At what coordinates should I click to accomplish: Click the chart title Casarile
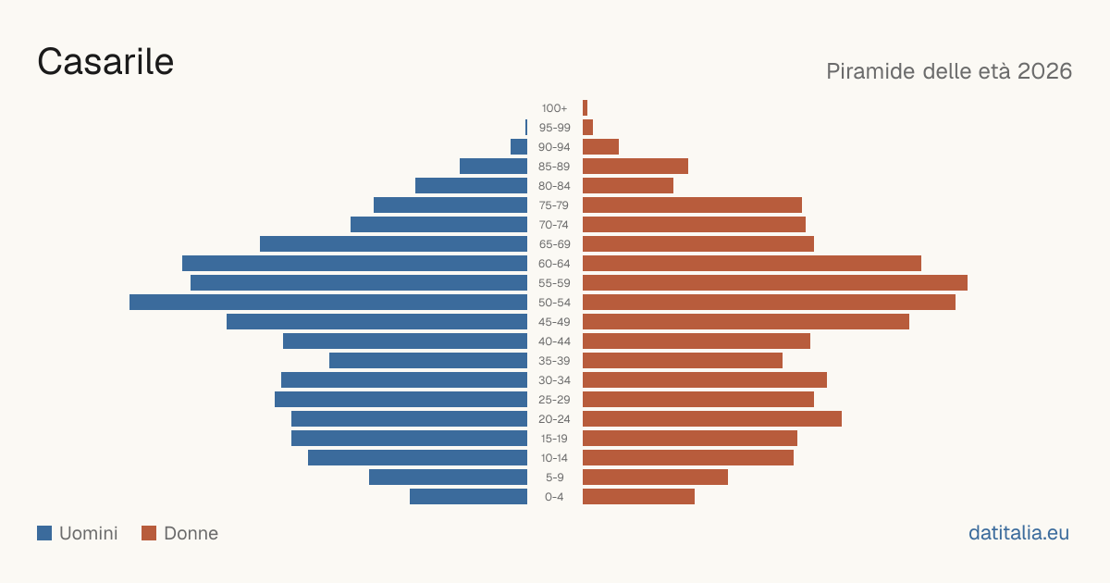point(105,61)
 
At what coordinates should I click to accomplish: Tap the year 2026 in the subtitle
point(1044,71)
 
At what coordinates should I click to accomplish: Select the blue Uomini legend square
point(44,533)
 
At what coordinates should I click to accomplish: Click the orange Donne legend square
point(149,533)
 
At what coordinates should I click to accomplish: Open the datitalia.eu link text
point(1018,533)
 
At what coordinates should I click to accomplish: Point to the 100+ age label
point(554,108)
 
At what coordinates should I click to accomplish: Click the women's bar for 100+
point(586,108)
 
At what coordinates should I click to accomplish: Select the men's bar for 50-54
point(328,303)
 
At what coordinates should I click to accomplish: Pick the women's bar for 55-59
point(775,283)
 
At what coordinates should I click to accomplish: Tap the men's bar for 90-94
point(519,147)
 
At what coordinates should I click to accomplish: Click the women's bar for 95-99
point(587,128)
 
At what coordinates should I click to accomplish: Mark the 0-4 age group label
point(554,497)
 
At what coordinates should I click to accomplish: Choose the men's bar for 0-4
point(468,497)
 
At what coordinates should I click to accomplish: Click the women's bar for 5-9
point(655,478)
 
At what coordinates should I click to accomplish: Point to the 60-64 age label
point(554,264)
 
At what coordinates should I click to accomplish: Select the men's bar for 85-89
point(494,166)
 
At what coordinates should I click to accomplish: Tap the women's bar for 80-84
point(628,186)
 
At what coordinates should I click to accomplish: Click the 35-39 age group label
point(554,361)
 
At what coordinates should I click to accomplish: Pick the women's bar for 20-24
point(712,419)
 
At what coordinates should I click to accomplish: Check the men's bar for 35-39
point(428,361)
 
